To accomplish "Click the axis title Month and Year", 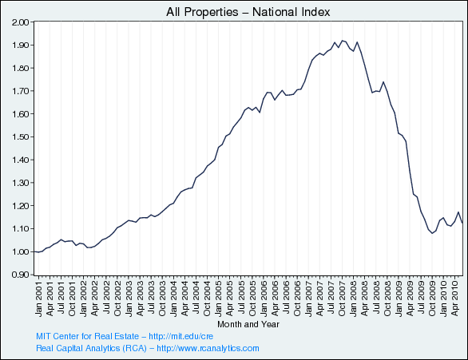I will (248, 325).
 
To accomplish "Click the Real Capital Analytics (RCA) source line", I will (148, 349).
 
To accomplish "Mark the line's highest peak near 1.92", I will (342, 41).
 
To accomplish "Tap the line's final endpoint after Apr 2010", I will (462, 223).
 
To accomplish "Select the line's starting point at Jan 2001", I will (34, 251).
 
